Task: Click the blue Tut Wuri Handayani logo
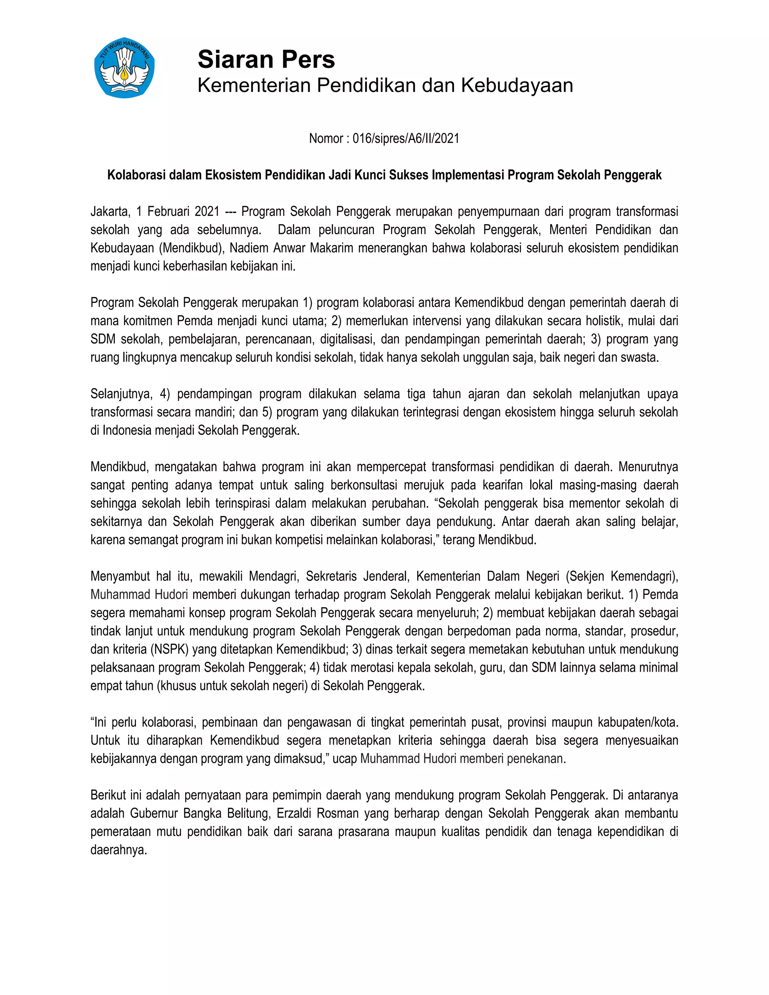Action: [x=124, y=68]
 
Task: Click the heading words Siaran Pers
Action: [x=266, y=60]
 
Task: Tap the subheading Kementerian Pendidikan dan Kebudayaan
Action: [x=385, y=86]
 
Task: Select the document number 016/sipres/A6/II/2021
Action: [x=406, y=139]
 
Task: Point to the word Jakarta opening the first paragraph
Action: [x=109, y=212]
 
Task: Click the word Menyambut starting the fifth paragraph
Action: [x=120, y=576]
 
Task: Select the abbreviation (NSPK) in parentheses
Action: [x=171, y=649]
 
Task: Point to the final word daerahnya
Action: [x=118, y=850]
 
